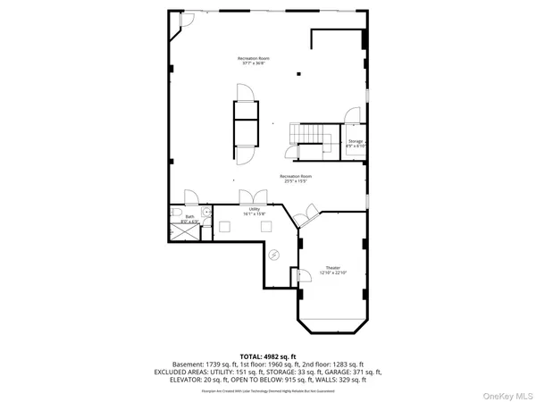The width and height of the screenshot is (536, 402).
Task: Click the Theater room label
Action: click(x=332, y=268)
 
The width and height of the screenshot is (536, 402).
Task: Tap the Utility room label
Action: click(x=255, y=208)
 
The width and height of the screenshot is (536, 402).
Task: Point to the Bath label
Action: click(x=189, y=215)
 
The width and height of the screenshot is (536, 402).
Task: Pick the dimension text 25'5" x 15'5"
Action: click(x=296, y=181)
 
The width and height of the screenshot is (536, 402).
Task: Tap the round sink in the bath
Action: click(x=205, y=212)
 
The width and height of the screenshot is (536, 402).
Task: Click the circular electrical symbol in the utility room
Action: click(x=275, y=254)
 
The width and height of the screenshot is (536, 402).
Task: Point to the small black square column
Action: click(x=300, y=74)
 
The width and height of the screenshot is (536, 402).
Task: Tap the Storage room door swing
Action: click(x=353, y=114)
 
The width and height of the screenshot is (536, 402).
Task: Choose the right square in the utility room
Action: click(x=265, y=227)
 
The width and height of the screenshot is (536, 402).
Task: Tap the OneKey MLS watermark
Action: click(x=509, y=391)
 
